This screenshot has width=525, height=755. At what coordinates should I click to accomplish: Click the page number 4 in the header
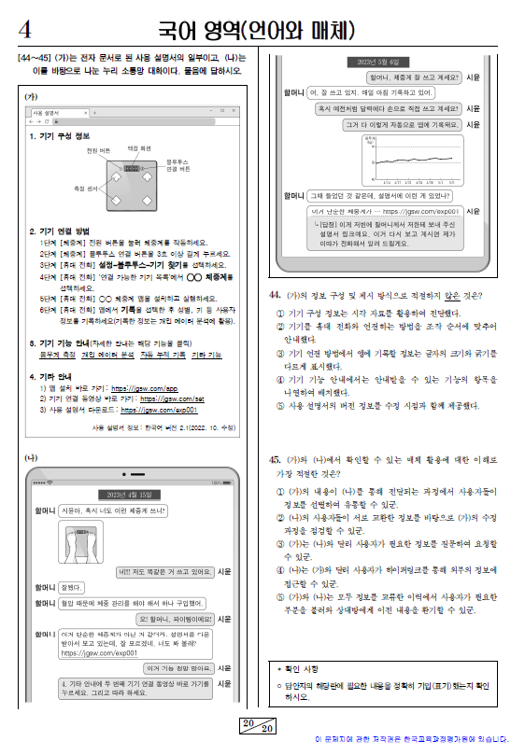pos(25,25)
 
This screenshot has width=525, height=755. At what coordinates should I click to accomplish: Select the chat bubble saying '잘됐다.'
pos(72,586)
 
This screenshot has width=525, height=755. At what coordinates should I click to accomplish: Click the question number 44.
pos(275,296)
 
